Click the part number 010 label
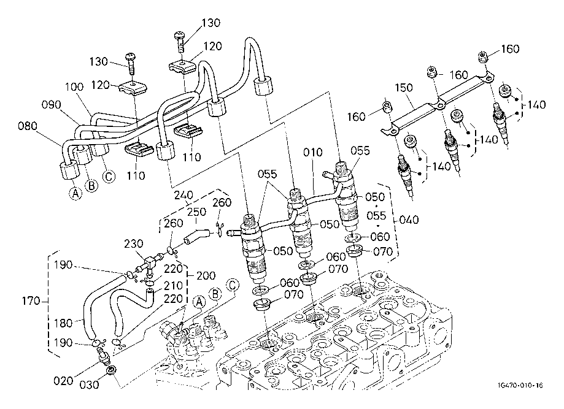[313, 153]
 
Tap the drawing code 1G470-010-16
[520, 385]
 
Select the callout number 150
[404, 88]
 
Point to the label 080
[28, 126]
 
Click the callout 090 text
[52, 105]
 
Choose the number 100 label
[74, 86]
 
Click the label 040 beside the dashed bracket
[409, 220]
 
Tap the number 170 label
[31, 300]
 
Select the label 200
[206, 276]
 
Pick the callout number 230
[134, 244]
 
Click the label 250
[197, 212]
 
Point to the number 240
[183, 195]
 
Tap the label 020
[63, 381]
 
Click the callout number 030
[89, 385]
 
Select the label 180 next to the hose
[63, 323]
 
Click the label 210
[173, 286]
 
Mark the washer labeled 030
[110, 370]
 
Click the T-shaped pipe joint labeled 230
[149, 262]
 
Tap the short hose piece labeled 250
[196, 235]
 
